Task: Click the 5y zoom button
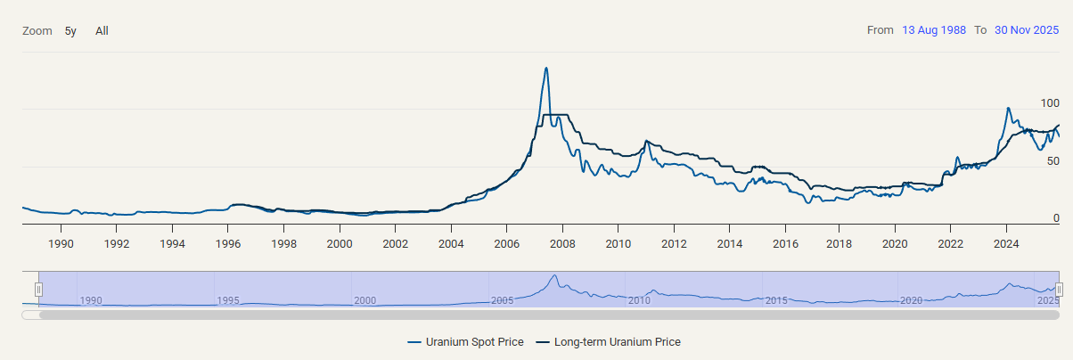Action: (x=70, y=31)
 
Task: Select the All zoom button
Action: (x=102, y=31)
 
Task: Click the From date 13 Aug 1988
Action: (x=934, y=30)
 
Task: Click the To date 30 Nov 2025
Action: (x=1027, y=30)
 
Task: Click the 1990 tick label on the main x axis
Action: (x=61, y=243)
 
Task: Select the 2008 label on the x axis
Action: (x=561, y=243)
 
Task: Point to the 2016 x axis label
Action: (x=784, y=243)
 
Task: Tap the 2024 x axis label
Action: (x=1006, y=243)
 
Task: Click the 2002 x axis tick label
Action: (x=395, y=243)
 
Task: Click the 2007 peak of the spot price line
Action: (x=546, y=69)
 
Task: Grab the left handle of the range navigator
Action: (x=38, y=290)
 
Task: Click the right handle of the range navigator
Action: (x=1059, y=290)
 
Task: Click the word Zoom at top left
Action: (x=37, y=31)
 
